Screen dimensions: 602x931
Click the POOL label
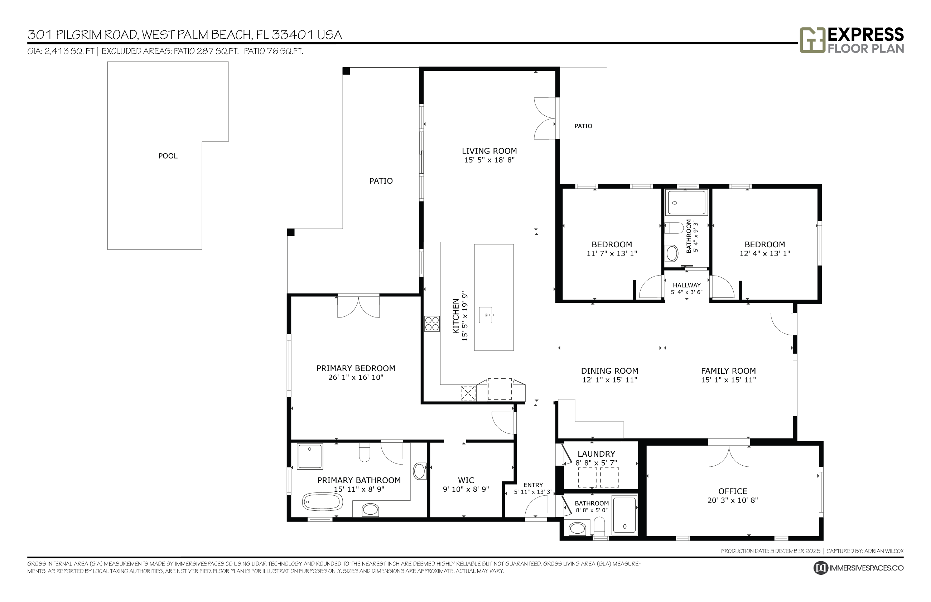click(x=168, y=156)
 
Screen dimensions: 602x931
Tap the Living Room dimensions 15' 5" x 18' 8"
click(x=489, y=160)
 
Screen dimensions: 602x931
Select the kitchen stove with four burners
click(x=432, y=324)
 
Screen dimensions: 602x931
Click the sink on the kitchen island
click(x=486, y=315)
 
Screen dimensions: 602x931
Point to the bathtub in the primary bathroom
click(x=323, y=501)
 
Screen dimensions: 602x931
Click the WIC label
click(x=466, y=480)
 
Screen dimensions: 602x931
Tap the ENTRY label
click(x=533, y=485)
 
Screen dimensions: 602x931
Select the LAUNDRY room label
click(x=596, y=454)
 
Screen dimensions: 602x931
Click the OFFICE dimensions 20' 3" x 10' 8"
click(x=732, y=500)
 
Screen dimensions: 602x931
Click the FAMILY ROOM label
click(x=728, y=370)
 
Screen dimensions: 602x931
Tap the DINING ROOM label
click(x=609, y=370)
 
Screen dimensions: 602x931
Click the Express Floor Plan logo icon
click(x=812, y=40)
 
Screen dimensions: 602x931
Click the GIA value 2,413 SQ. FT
click(x=69, y=51)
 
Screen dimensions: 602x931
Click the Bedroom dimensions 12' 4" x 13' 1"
click(x=764, y=253)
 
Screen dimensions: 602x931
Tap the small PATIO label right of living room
click(x=583, y=126)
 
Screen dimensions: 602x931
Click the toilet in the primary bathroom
click(x=364, y=453)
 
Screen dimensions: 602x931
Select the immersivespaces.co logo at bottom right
click(x=858, y=568)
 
